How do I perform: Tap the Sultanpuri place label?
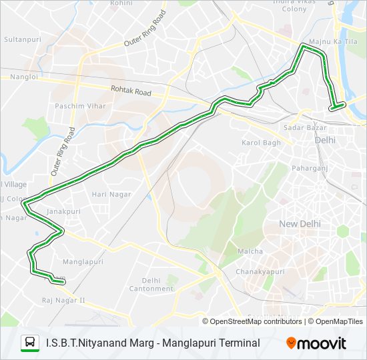click(x=23, y=40)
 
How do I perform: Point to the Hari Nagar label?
click(x=111, y=194)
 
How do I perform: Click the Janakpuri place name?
click(x=63, y=211)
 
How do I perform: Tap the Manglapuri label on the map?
click(x=81, y=262)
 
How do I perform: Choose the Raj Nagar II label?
click(x=63, y=300)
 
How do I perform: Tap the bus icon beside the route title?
click(x=30, y=343)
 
